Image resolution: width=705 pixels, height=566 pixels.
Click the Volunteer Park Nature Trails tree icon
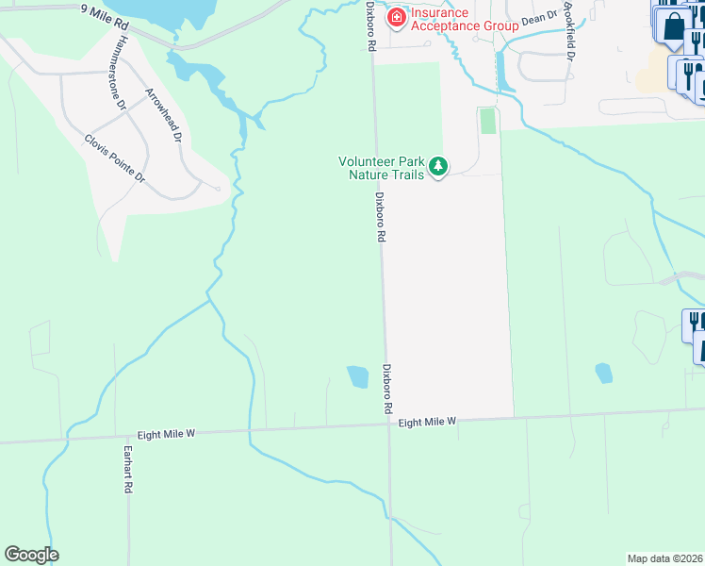point(437,167)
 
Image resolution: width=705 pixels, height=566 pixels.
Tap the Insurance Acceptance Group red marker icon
point(397,16)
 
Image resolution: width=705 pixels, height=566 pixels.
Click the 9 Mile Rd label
point(104,14)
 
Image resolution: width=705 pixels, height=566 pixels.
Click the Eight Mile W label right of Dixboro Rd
point(427,422)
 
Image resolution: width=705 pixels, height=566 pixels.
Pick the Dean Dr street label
point(540,18)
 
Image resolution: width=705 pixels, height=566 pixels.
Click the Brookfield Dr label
point(568,30)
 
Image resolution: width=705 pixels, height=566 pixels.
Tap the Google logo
point(31,555)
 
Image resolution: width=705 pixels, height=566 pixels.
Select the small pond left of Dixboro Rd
point(358,376)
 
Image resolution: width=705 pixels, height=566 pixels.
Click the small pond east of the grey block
point(603,374)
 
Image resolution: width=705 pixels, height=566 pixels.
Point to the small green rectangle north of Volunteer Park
point(487,121)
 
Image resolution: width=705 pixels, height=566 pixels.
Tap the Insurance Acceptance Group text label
point(464,19)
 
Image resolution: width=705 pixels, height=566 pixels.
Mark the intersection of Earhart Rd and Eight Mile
point(128,436)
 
